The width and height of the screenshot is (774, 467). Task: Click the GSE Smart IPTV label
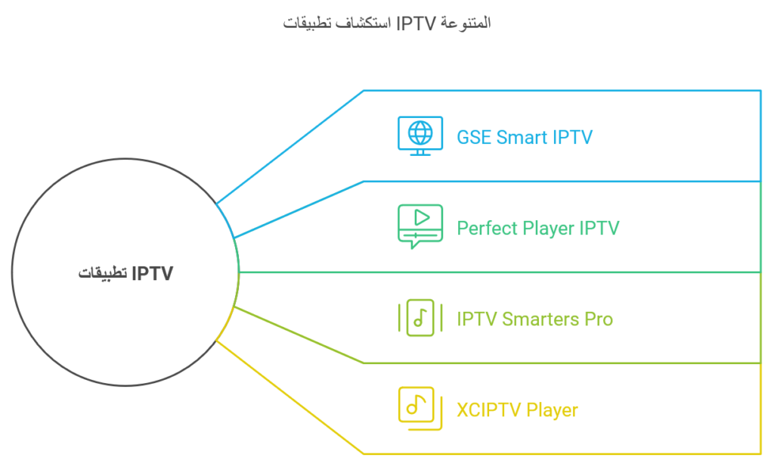525,137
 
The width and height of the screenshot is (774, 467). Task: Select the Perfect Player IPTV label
538,229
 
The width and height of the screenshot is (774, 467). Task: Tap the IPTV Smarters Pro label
534,319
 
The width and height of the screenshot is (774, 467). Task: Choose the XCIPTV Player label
517,410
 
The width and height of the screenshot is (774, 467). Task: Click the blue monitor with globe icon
420,136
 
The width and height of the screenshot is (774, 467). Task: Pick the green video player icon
420,226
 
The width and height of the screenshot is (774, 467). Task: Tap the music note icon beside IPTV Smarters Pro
420,318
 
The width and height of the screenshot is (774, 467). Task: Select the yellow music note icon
420,409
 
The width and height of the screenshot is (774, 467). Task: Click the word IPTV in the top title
416,23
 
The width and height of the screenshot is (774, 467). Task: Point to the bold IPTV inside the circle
153,273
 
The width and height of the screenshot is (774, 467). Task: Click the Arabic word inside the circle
103,272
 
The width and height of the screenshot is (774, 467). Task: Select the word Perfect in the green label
488,229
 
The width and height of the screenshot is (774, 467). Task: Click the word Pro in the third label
599,319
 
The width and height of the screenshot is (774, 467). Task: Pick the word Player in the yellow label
552,410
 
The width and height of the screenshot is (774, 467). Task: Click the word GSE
474,137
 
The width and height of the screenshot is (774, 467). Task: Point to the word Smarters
540,319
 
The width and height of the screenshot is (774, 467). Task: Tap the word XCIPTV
489,410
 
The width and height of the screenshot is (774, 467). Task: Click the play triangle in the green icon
422,217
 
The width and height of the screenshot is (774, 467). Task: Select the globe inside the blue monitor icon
420,132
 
